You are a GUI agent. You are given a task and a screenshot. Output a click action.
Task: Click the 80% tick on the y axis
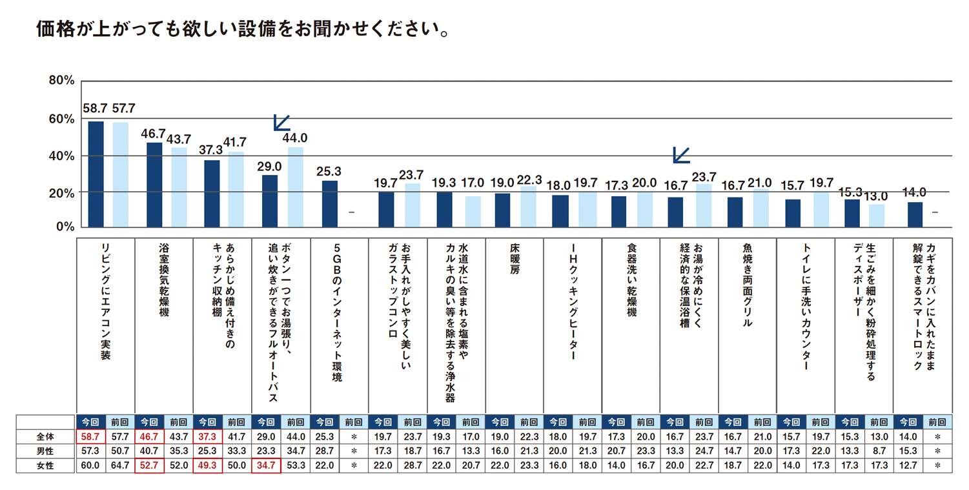coord(62,81)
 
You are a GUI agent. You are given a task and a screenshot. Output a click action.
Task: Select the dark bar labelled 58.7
coord(96,174)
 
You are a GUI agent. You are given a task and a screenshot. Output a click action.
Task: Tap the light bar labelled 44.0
coord(296,187)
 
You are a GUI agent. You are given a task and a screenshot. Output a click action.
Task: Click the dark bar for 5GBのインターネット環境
coord(329,203)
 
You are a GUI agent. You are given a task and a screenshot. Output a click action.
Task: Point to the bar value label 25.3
coord(329,172)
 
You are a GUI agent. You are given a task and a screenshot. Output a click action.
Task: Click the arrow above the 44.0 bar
coord(281,122)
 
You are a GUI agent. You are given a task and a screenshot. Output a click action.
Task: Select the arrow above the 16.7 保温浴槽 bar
coord(681,154)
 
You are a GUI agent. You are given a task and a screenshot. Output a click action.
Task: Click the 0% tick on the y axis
coord(65,227)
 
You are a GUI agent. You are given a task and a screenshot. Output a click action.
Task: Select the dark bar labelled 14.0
coord(915,214)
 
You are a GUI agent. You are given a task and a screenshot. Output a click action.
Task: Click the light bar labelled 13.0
coord(875,216)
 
